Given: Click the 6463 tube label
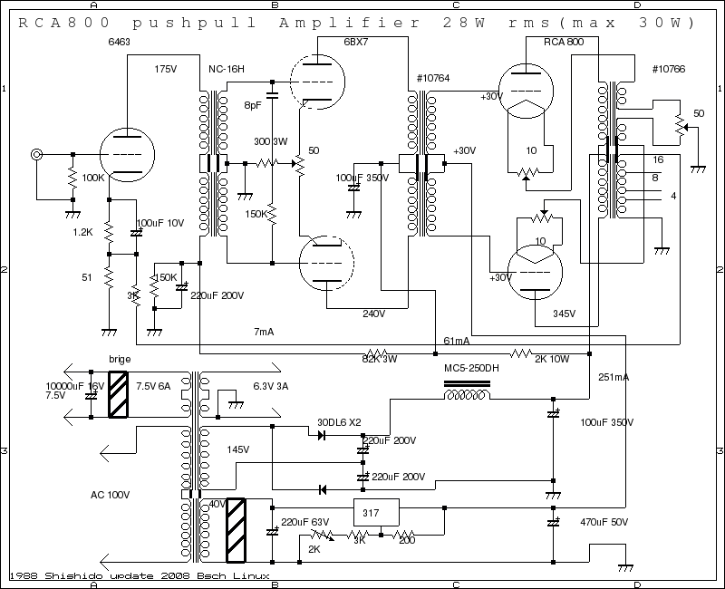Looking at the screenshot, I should click(x=118, y=42).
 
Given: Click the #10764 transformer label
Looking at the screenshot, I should click(x=432, y=79).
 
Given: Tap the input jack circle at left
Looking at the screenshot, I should click(x=37, y=155).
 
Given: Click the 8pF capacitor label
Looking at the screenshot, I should click(x=252, y=105).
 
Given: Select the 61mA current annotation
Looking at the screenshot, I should click(x=456, y=341).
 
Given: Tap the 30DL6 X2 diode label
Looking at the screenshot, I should click(x=338, y=421).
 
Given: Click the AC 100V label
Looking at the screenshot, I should click(x=111, y=495).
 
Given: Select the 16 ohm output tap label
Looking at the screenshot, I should click(x=657, y=159).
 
